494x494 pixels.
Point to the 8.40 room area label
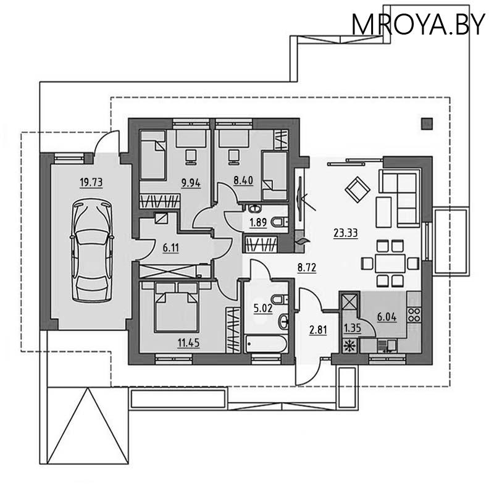point(243,182)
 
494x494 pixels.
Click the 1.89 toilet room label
point(258,223)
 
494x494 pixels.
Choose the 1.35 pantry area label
point(351,328)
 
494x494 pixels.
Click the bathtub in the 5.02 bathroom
point(266,343)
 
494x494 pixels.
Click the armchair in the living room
point(357,188)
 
